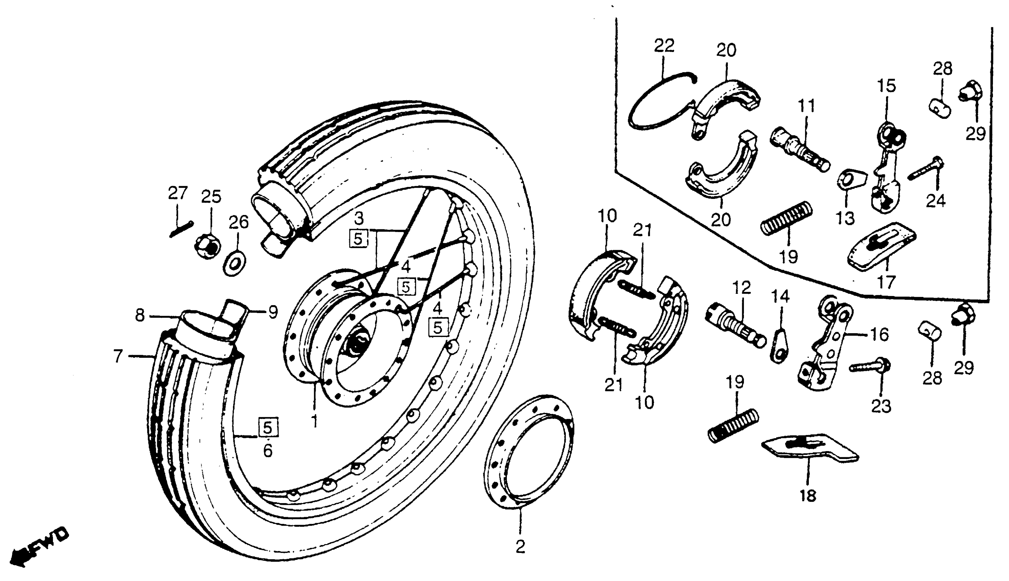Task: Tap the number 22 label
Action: coord(664,46)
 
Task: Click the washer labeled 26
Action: coord(235,263)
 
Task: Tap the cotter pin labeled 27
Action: coord(181,229)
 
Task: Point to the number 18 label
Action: coord(808,496)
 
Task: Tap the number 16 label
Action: coord(880,334)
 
